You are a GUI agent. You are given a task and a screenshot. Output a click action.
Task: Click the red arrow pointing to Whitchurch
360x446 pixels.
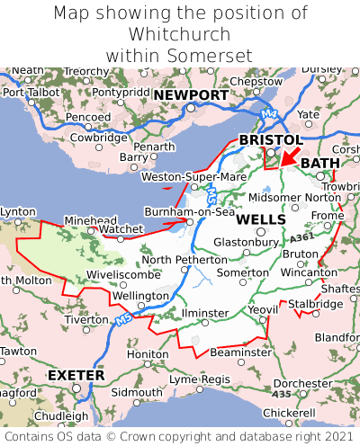(x=289, y=156)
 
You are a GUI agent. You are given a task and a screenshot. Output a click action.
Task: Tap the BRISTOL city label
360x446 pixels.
(x=270, y=140)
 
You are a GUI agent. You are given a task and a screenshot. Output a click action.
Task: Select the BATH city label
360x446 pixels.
(x=320, y=163)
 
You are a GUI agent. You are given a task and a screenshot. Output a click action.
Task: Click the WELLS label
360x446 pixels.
(x=262, y=219)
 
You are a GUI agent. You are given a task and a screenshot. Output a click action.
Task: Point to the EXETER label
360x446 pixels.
(x=76, y=374)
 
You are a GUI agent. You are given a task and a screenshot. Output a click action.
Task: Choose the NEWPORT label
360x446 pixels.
(x=190, y=95)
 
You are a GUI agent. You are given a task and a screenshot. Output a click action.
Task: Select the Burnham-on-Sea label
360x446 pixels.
(x=190, y=212)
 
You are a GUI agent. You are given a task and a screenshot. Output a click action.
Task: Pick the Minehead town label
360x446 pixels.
(x=90, y=219)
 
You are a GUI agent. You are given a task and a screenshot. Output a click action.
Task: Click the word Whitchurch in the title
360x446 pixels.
(x=180, y=34)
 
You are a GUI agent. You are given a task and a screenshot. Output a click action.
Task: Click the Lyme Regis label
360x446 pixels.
(x=201, y=379)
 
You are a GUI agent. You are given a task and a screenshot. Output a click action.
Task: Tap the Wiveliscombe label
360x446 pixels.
(x=123, y=274)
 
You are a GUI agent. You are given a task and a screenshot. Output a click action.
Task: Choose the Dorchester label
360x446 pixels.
(x=303, y=383)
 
